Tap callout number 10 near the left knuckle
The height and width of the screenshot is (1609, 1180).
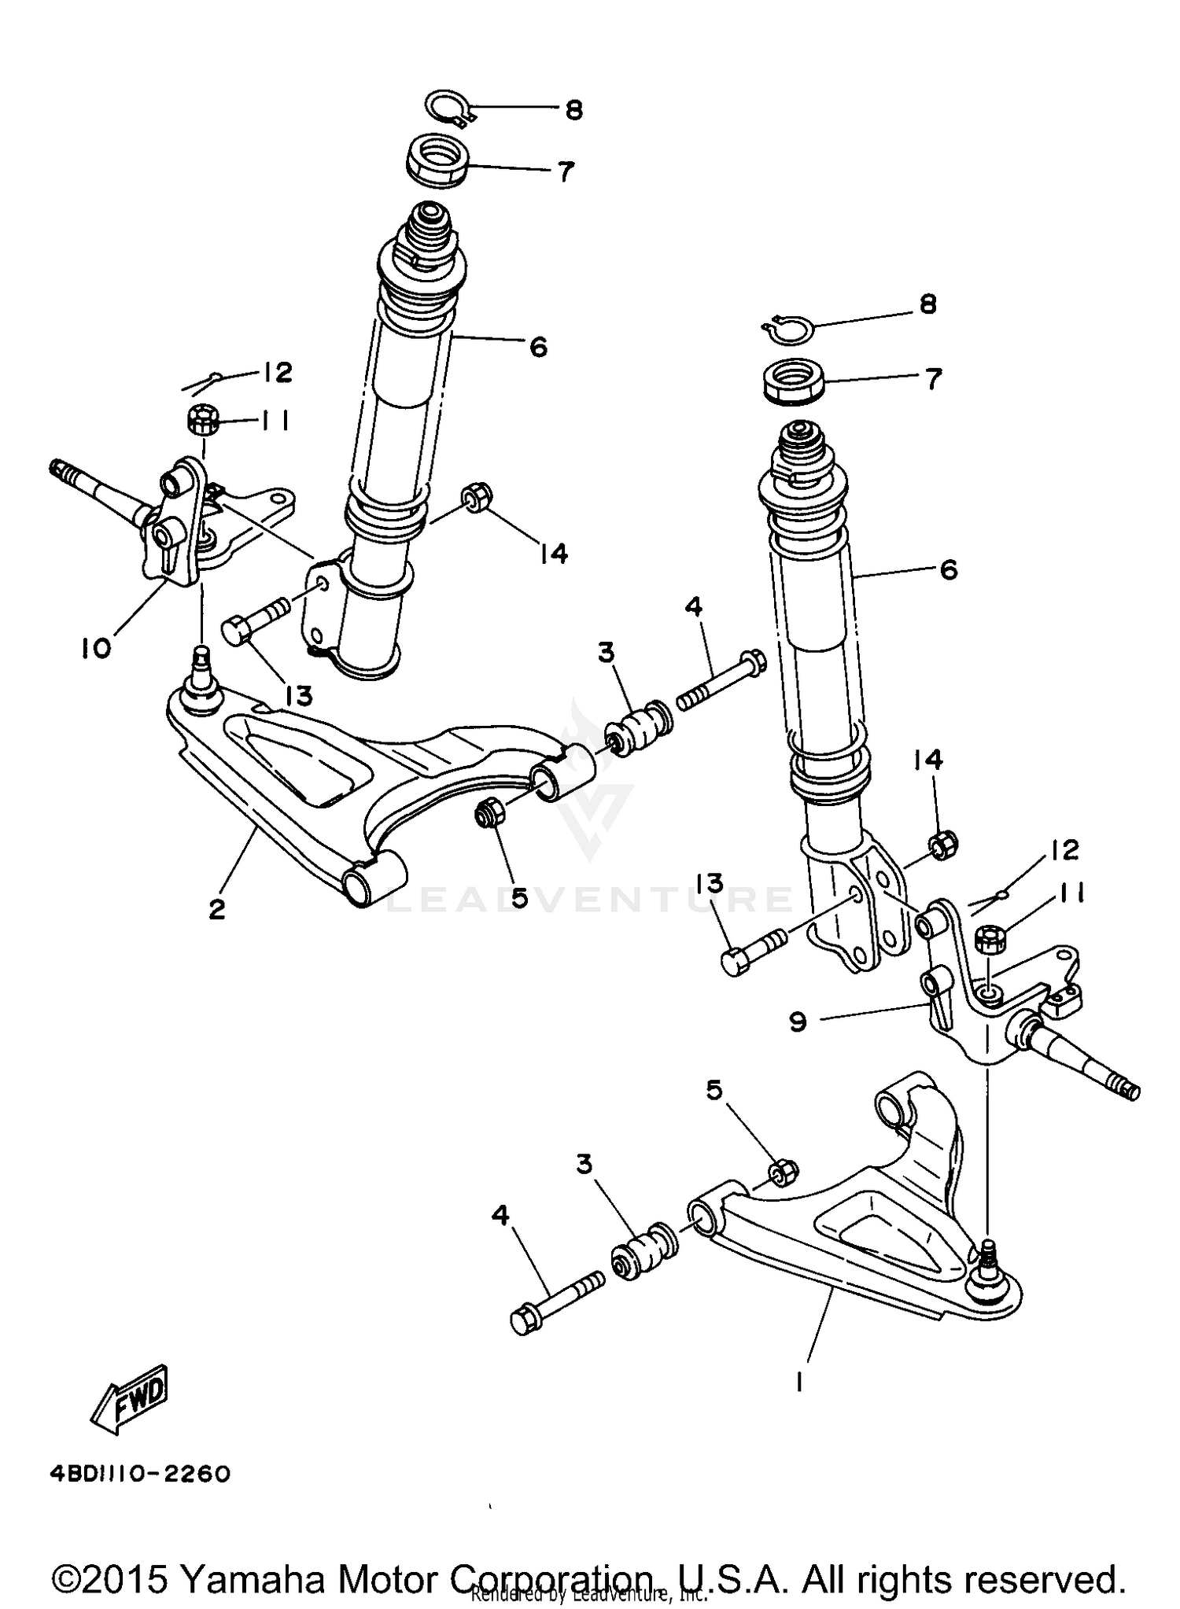click(95, 648)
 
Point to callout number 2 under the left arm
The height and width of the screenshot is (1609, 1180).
click(217, 909)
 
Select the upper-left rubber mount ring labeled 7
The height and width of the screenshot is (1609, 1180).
click(437, 160)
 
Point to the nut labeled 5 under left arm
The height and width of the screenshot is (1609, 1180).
click(489, 813)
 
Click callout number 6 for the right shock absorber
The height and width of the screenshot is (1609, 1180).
click(949, 570)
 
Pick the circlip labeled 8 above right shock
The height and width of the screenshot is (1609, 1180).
click(789, 327)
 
